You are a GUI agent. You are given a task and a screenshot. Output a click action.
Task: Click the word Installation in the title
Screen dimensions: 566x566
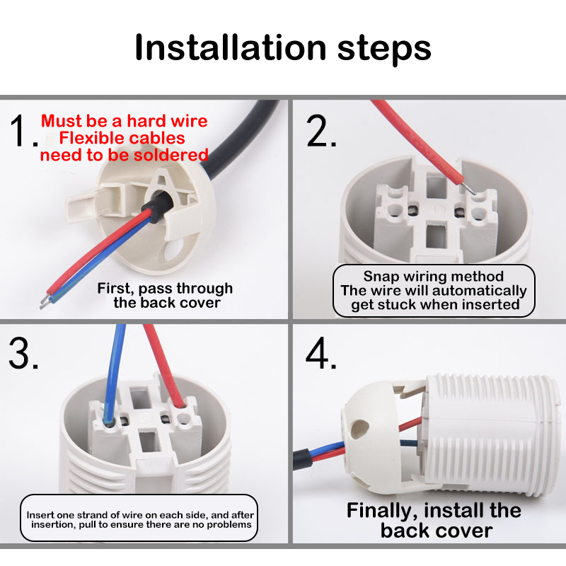231,47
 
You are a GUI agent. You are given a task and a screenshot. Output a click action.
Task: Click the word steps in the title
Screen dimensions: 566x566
384,50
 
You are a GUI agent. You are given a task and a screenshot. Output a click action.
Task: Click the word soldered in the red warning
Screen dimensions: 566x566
171,155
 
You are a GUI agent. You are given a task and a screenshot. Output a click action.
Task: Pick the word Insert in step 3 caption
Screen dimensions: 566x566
40,515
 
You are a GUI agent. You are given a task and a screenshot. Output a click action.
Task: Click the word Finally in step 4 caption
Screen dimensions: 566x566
383,512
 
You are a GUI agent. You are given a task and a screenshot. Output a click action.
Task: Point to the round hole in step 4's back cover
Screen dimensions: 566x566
359,429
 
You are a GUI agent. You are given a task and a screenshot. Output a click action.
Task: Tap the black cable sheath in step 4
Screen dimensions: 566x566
301,459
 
